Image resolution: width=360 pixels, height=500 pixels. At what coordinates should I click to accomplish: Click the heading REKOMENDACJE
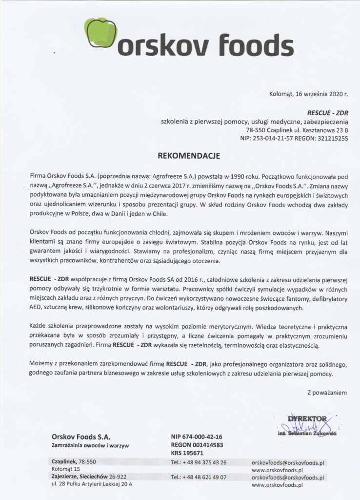(189, 156)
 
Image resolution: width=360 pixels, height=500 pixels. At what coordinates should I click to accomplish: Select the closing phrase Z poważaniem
(327, 392)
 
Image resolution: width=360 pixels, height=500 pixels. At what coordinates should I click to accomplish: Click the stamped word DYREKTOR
(307, 419)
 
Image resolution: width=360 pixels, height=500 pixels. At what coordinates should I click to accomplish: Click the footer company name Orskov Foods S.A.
(81, 436)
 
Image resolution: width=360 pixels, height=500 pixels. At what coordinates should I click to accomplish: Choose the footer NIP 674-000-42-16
(197, 437)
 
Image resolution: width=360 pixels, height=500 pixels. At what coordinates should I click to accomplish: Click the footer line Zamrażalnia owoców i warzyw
(91, 445)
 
